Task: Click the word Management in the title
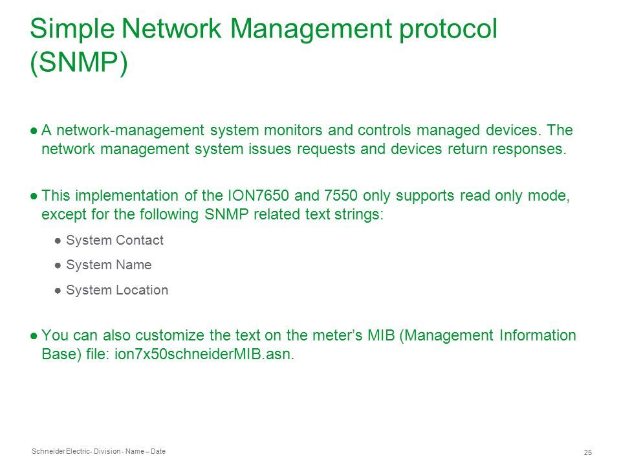[311, 28]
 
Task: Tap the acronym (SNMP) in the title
[79, 62]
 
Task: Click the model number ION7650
[259, 195]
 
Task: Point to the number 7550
[341, 195]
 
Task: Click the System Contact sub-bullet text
[115, 240]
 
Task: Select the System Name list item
[109, 265]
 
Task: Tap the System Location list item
[117, 290]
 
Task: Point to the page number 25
[588, 452]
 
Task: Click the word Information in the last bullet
[538, 335]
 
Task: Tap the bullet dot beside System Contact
[58, 241]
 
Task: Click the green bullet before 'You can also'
[34, 336]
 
